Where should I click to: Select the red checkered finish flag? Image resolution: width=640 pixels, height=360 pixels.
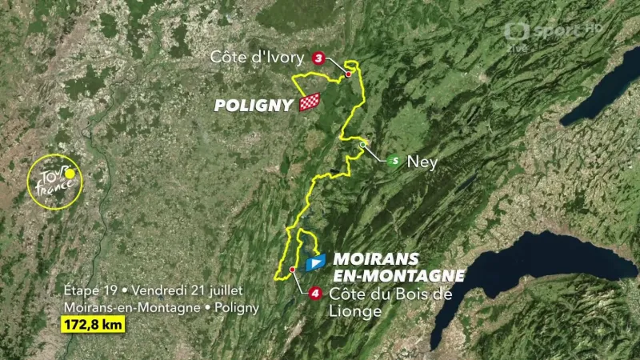310,102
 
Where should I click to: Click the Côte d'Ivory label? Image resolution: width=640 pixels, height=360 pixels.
257,57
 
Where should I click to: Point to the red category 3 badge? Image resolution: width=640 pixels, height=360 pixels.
319,58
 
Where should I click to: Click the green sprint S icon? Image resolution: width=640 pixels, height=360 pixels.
393,161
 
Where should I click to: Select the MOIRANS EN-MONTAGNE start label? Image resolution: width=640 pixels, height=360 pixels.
396,267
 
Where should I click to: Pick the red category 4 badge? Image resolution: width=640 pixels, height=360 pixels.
316,294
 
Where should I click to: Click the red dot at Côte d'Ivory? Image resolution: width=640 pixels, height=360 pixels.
349,74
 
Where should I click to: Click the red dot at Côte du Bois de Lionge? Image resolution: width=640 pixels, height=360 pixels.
294,270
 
